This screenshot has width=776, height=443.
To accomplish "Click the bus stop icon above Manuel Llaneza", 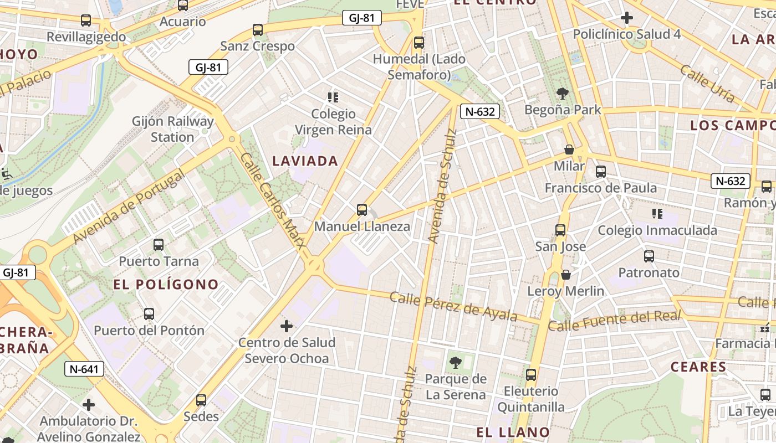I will click(362, 209).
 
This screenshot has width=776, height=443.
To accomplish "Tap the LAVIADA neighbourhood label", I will click(305, 161).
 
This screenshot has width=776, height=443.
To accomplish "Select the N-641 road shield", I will click(84, 369).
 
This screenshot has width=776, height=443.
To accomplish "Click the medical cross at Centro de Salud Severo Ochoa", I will click(287, 326).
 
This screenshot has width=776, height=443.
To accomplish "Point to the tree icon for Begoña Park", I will click(563, 93).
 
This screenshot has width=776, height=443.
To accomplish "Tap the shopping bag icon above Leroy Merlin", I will click(566, 274).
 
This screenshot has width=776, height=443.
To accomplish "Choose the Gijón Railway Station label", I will click(172, 129).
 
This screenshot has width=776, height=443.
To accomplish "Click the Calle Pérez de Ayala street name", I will click(453, 307).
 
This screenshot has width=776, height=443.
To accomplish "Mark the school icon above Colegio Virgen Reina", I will click(333, 97).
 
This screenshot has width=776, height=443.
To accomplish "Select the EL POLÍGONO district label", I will click(166, 285).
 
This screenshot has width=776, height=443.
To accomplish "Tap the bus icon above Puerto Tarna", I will click(159, 244).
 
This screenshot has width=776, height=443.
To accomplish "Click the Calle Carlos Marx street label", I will click(273, 200).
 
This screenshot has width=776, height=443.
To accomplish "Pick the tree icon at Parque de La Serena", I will click(455, 363).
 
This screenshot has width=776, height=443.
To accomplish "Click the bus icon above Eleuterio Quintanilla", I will click(531, 375).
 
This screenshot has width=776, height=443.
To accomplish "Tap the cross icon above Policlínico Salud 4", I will click(627, 18).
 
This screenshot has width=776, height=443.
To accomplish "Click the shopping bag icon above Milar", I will click(569, 150).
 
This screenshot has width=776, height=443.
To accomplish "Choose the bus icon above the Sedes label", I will click(201, 400).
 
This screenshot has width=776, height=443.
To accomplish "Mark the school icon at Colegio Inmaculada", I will click(657, 214).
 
